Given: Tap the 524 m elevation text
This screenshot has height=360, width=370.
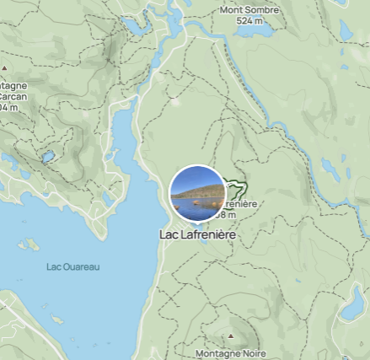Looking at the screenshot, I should tap(249, 20).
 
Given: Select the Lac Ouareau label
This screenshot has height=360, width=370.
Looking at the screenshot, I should tap(72, 266).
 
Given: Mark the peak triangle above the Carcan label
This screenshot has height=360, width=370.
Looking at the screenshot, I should tap(5, 66).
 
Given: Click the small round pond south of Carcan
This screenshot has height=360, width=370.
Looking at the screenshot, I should tap(48, 157).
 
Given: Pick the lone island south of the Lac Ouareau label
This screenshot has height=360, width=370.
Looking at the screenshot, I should tap(57, 320).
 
